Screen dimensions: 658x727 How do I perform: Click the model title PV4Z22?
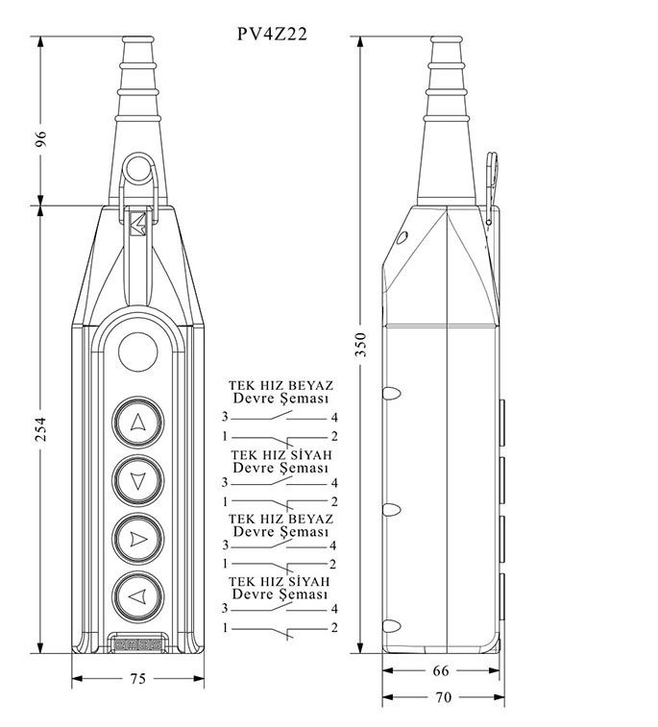coord(272,34)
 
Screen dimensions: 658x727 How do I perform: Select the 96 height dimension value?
coord(40,138)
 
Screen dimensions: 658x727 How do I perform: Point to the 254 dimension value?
coord(40,428)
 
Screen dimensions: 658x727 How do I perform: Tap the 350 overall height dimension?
coord(361,344)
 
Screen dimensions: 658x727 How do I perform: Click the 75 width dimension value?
coord(137,679)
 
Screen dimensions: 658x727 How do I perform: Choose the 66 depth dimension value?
coord(441,670)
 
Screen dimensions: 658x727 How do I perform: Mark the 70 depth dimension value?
coord(443,697)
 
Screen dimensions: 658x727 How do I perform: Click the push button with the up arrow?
coord(137,423)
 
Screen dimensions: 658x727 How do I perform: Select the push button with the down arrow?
coord(137,480)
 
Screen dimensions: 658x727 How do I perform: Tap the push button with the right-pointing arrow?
coord(137,539)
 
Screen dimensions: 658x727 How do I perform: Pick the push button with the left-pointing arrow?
coord(137,596)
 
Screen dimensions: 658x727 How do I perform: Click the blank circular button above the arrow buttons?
coord(137,351)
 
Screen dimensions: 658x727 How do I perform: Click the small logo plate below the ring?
coord(137,225)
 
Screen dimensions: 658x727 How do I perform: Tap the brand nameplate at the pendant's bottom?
coord(137,644)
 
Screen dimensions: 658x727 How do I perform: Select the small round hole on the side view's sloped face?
coord(402,237)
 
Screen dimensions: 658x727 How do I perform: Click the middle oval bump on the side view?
coord(391,510)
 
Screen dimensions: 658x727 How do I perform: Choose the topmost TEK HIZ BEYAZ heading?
coord(280,385)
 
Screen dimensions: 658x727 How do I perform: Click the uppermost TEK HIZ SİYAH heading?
coord(281,455)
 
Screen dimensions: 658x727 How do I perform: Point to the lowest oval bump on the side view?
coord(391,626)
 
